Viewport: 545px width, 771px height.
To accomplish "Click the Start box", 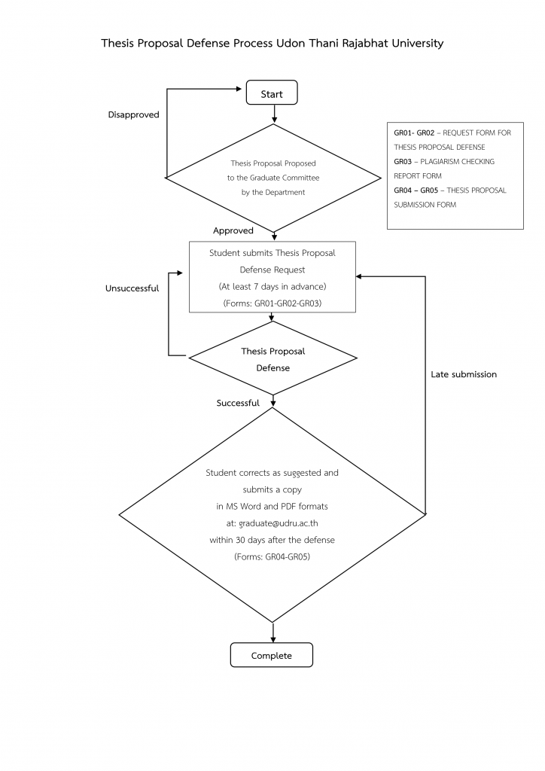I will (272, 93).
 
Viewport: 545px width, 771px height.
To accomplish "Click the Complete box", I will (271, 655).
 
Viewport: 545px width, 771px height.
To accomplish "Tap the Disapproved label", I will (133, 114).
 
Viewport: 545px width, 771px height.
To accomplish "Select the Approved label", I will (233, 230).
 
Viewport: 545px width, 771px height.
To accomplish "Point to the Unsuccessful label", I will (132, 288).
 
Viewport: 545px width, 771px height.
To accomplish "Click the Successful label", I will (238, 403).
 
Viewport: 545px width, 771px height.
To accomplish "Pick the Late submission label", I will (464, 374).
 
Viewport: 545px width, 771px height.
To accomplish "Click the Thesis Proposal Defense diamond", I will (272, 359).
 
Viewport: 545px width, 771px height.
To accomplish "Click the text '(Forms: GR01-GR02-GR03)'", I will (271, 303).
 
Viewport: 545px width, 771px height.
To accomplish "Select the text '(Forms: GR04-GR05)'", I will (272, 557).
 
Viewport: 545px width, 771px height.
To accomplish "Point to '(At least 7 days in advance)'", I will (272, 287).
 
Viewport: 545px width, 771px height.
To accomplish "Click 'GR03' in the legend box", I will (403, 161).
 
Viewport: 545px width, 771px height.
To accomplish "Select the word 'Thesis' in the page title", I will (118, 44).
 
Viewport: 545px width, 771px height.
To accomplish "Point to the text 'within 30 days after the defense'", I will (272, 540).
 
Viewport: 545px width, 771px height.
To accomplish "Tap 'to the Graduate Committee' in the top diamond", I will (273, 178).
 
